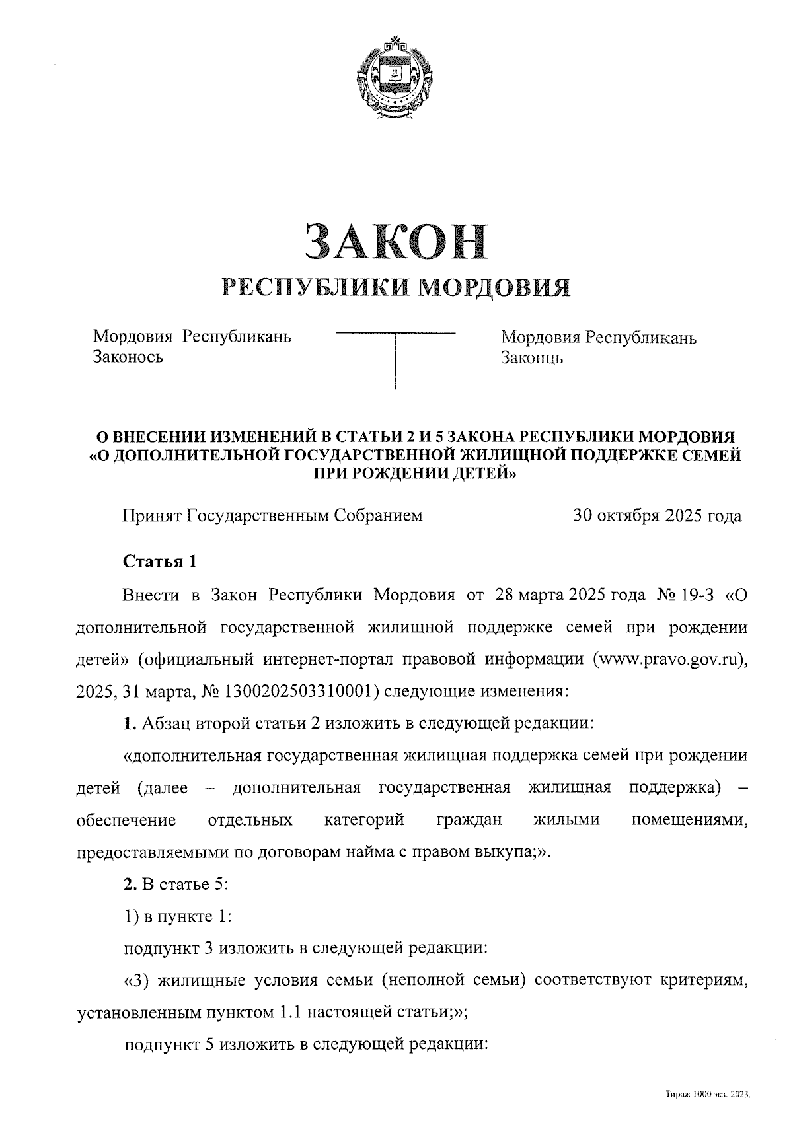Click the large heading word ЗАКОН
[396, 241]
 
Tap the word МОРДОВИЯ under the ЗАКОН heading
[496, 287]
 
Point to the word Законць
[532, 358]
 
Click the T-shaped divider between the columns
[396, 357]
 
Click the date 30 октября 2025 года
[658, 516]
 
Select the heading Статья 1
[160, 562]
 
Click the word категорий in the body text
[364, 820]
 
